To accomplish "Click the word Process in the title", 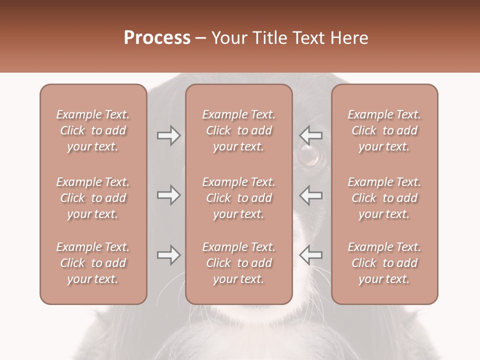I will pyautogui.click(x=157, y=38).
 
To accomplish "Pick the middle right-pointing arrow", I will pyautogui.click(x=168, y=195).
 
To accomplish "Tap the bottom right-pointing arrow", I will pyautogui.click(x=168, y=255).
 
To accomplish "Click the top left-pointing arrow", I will pyautogui.click(x=310, y=135).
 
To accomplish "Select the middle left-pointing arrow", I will pyautogui.click(x=310, y=195).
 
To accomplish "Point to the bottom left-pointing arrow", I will pyautogui.click(x=310, y=255).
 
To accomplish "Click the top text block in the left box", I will pyautogui.click(x=93, y=130).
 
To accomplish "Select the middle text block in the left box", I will pyautogui.click(x=93, y=198).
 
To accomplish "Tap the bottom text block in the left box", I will pyautogui.click(x=93, y=263).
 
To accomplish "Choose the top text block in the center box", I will pyautogui.click(x=238, y=130).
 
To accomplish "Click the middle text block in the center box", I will pyautogui.click(x=238, y=198).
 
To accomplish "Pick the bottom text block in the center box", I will pyautogui.click(x=238, y=263).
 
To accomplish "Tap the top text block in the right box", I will pyautogui.click(x=384, y=130).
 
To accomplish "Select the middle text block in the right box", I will pyautogui.click(x=384, y=198).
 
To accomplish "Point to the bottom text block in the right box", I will pyautogui.click(x=384, y=263).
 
